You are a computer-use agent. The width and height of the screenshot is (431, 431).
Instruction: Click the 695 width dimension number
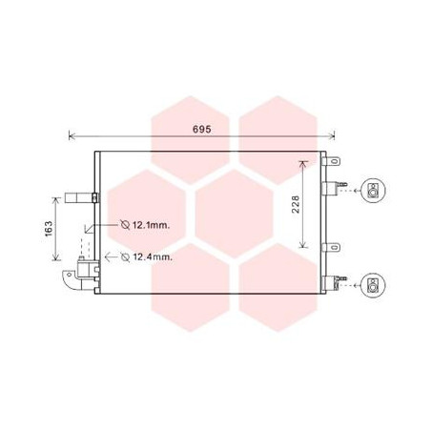tap(202, 130)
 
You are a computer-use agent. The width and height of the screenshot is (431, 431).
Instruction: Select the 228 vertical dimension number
tap(296, 204)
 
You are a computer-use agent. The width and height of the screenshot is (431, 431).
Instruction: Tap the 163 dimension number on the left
tap(49, 229)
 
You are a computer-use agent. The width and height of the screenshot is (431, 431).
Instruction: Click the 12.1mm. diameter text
tap(151, 225)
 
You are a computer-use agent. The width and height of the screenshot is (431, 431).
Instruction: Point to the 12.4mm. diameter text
tap(153, 257)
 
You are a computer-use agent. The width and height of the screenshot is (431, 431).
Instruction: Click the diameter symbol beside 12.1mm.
tap(125, 225)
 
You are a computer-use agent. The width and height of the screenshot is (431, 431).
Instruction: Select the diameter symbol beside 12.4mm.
tap(125, 257)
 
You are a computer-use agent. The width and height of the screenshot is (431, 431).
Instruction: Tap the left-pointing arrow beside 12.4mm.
tap(111, 257)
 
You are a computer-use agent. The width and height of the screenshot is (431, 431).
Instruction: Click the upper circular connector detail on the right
tap(373, 190)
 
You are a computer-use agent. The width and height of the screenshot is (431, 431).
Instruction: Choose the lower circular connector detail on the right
tap(373, 284)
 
